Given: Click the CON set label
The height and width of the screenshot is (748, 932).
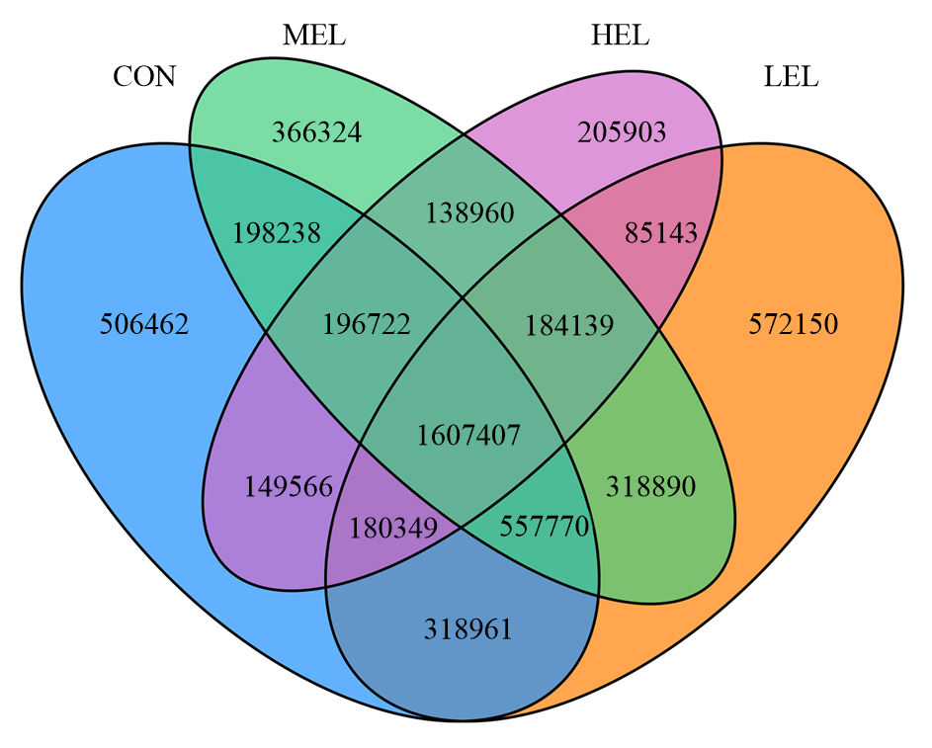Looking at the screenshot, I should (144, 77).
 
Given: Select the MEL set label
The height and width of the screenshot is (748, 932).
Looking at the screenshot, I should (313, 37).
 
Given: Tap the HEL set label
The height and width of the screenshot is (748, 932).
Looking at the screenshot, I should (620, 37).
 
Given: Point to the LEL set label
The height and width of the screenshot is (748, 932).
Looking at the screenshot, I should (791, 77).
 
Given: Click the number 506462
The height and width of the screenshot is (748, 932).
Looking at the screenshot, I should (144, 324).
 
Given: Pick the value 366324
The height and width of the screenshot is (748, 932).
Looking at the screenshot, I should (316, 131).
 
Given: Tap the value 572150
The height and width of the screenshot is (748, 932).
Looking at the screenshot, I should (794, 324).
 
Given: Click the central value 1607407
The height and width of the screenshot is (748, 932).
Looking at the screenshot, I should (467, 435).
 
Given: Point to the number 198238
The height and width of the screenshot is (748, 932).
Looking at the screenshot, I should (278, 233).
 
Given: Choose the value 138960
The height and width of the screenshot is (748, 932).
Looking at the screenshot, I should (469, 211).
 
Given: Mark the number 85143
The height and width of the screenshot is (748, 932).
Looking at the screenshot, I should (661, 233).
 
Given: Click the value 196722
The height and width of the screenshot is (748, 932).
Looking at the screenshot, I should (367, 324).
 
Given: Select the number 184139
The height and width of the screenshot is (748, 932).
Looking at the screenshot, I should (570, 324).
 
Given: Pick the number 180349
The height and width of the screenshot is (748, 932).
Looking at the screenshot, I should (393, 527).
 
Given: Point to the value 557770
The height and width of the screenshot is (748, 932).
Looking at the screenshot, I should (545, 527).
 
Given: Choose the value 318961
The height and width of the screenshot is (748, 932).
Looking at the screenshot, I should (468, 628).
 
